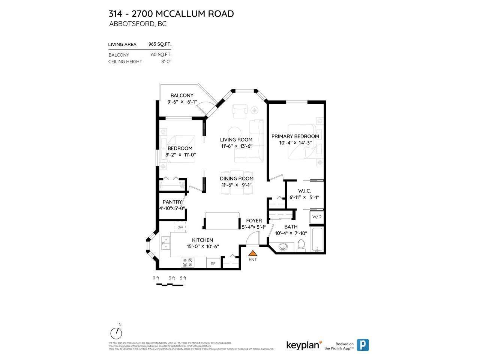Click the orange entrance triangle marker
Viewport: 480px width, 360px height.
pyautogui.click(x=253, y=254)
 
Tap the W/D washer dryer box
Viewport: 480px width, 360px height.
pyautogui.click(x=316, y=217)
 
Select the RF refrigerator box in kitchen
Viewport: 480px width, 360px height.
pyautogui.click(x=213, y=263)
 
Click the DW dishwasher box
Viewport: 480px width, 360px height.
pyautogui.click(x=180, y=227)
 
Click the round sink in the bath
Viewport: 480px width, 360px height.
pyautogui.click(x=284, y=247)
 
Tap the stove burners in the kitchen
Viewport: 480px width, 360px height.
pyautogui.click(x=187, y=262)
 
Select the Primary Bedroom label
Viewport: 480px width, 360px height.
pyautogui.click(x=295, y=136)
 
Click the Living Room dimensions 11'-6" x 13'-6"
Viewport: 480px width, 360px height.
pyautogui.click(x=236, y=146)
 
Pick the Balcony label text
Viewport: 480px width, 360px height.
pyautogui.click(x=182, y=95)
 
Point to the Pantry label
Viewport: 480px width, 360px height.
pyautogui.click(x=172, y=202)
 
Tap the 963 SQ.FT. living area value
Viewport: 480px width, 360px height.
pyautogui.click(x=160, y=44)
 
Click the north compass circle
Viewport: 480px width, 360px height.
pyautogui.click(x=116, y=333)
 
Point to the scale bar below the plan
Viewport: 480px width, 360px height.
pyautogui.click(x=169, y=285)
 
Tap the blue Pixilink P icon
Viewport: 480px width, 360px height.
pyautogui.click(x=362, y=345)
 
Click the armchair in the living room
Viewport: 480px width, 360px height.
pyautogui.click(x=240, y=110)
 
